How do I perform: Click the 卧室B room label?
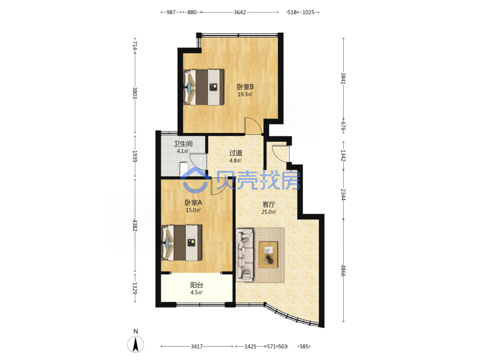[245, 86]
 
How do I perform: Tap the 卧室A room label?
[193, 203]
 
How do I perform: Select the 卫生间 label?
[183, 144]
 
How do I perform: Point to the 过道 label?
[236, 153]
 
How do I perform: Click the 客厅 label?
[269, 204]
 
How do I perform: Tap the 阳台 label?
[196, 285]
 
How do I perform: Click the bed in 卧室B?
[203, 87]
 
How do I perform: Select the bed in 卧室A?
[181, 243]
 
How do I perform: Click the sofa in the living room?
[245, 255]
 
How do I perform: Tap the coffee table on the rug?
[268, 255]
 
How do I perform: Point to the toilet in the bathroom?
[183, 169]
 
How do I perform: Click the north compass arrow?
[135, 344]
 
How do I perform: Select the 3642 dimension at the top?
[240, 12]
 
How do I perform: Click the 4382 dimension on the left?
[135, 225]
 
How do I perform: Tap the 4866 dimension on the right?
[344, 271]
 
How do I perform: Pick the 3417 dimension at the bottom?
[197, 347]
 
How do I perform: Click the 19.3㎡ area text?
[245, 94]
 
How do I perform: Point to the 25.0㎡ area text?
[269, 212]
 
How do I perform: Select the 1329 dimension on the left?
[135, 288]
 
